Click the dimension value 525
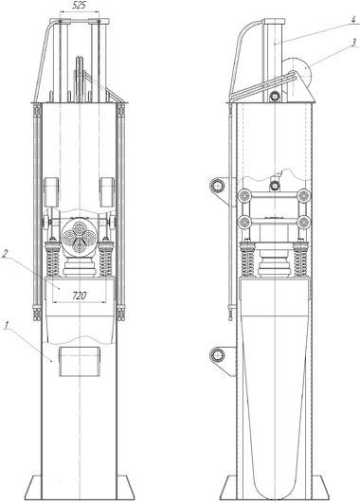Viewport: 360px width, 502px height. point(80,6)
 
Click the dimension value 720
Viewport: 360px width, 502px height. point(80,296)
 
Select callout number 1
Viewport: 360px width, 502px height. point(6,325)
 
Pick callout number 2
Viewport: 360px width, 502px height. point(5,254)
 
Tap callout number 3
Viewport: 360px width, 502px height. point(353,43)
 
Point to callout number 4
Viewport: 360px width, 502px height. point(352,19)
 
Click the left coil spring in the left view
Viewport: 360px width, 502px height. point(52,259)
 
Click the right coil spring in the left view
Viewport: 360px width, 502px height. point(106,259)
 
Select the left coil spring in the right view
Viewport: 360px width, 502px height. point(247,259)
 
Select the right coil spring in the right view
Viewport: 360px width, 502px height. point(300,259)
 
